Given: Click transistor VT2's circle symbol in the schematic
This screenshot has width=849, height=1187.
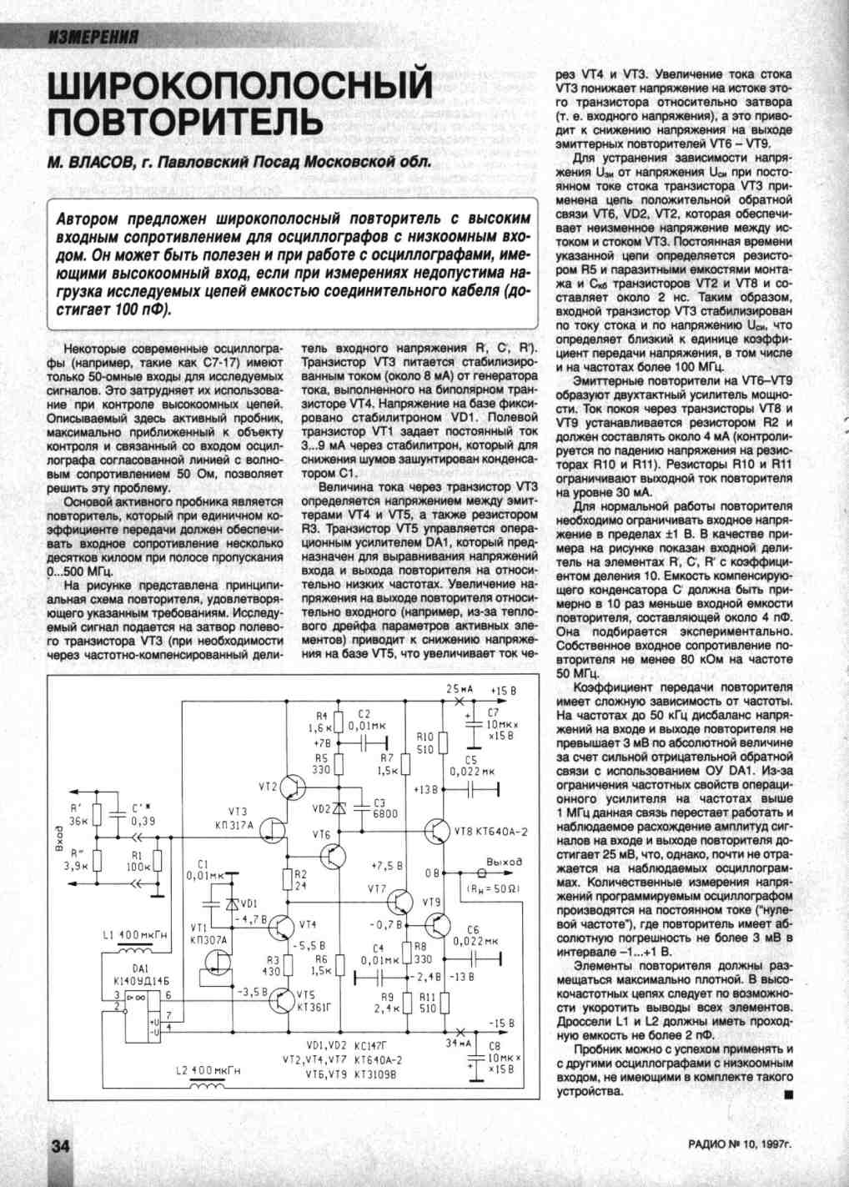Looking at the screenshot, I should pos(294,787).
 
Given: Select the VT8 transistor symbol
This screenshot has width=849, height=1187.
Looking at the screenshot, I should pos(437,831).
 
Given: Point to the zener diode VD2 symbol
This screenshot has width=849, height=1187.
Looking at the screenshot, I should pos(339,808).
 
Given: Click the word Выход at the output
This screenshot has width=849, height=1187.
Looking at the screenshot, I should pos(504,861).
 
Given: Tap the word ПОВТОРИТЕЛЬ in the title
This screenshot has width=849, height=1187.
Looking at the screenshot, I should pos(184,122).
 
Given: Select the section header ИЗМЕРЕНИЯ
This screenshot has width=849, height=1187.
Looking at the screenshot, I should pos(93,37).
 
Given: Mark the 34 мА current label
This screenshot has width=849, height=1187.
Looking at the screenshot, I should pos(459,1043).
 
